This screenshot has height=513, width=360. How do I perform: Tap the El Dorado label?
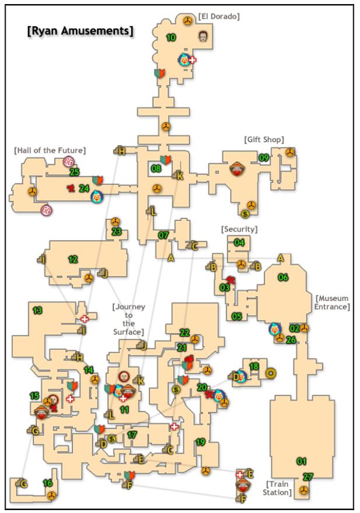[219, 16]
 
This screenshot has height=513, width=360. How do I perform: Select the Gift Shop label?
[264, 139]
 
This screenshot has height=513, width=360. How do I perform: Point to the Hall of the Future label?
[50, 150]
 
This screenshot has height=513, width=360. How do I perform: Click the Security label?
[239, 229]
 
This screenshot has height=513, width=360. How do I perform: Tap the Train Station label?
[278, 488]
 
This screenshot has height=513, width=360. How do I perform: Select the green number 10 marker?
[171, 37]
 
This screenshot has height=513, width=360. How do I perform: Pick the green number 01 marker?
[301, 461]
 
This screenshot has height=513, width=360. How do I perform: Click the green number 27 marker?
[307, 477]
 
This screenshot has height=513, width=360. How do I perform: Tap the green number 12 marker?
[73, 259]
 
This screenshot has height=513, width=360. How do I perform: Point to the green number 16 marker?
[47, 483]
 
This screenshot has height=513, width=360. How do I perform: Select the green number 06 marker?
[284, 277]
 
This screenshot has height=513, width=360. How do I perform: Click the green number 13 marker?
[38, 311]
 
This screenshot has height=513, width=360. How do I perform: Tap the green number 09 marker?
[264, 157]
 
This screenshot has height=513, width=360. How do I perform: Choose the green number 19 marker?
[200, 442]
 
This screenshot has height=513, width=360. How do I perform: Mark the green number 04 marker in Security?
[239, 242]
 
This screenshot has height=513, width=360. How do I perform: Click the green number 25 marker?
[74, 172]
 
